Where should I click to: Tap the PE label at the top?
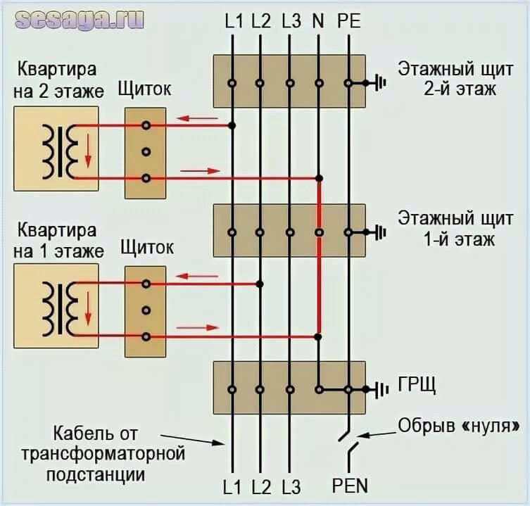click(348, 21)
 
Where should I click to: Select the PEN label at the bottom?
click(349, 486)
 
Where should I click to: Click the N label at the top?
click(318, 21)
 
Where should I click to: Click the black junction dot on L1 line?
click(232, 125)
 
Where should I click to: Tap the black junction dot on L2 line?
click(260, 284)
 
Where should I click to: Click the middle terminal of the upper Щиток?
click(146, 152)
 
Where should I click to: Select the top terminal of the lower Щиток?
click(146, 284)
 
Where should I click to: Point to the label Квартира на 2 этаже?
click(58, 81)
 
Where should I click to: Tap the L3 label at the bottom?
click(291, 486)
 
